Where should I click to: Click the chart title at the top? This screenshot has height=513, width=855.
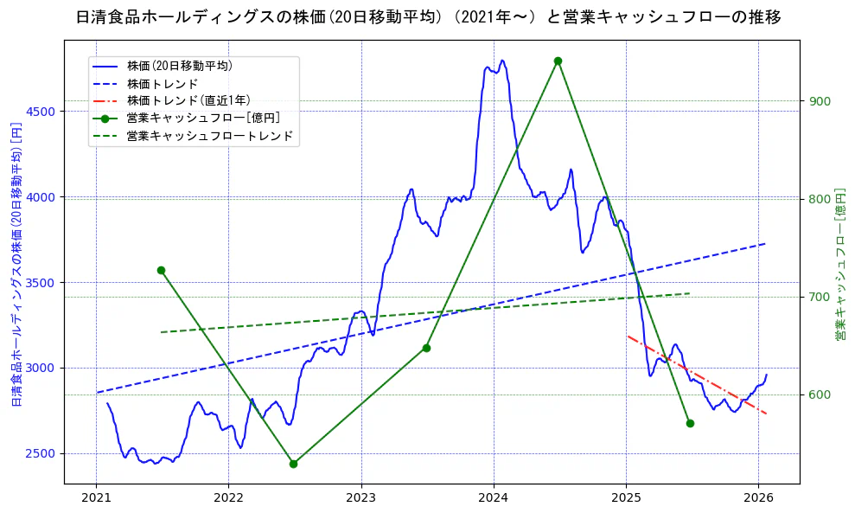(428, 17)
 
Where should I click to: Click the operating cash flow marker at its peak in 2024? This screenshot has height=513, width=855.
(558, 61)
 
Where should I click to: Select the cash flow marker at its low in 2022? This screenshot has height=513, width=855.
(293, 464)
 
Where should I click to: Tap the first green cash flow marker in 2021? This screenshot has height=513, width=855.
(161, 270)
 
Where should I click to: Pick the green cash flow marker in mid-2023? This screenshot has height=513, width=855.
(426, 348)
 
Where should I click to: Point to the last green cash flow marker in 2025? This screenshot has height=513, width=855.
(690, 423)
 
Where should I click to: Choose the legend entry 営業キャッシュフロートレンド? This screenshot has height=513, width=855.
(209, 136)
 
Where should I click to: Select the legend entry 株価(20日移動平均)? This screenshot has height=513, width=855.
(179, 65)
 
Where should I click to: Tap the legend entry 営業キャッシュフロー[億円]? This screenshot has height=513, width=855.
(202, 118)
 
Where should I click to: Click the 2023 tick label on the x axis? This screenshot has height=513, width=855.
(361, 497)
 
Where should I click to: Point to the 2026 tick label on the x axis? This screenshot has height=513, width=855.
(758, 497)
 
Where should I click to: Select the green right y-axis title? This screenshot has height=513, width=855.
(839, 264)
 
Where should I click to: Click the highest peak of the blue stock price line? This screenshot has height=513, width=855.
(502, 61)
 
